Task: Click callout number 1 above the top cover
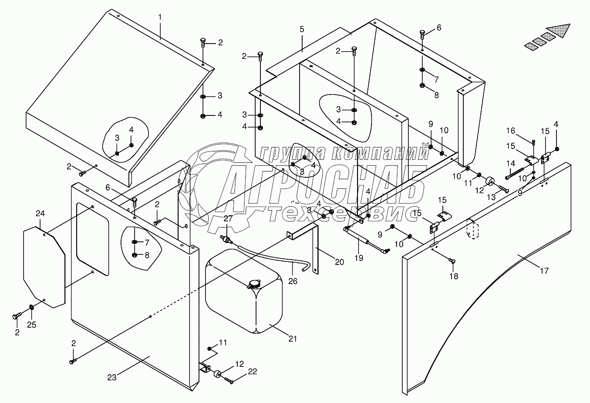(160, 17)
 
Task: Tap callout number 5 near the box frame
(302, 29)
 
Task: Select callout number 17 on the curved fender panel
(544, 271)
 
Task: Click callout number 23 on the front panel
(112, 377)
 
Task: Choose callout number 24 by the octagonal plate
(40, 213)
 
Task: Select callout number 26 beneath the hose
(293, 281)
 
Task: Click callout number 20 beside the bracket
(339, 262)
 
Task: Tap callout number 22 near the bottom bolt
(253, 372)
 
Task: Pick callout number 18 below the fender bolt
(453, 276)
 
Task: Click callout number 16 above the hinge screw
(510, 131)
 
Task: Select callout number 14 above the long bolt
(510, 163)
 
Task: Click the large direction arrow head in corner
(560, 30)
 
